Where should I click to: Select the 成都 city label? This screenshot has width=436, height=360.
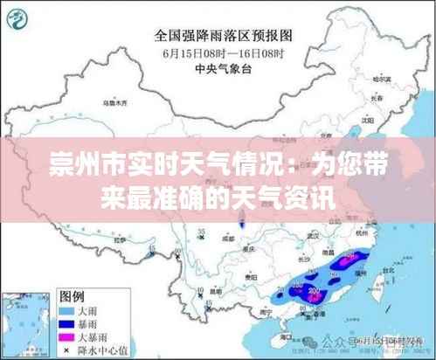[228, 237]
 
